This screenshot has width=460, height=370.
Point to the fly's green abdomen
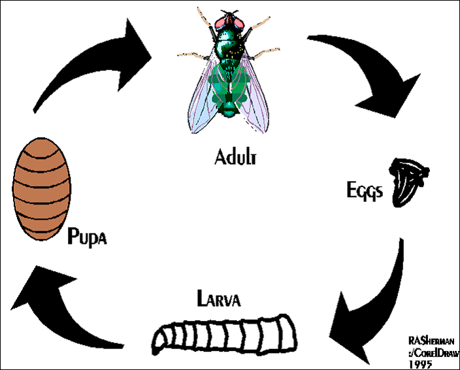(229, 92)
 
